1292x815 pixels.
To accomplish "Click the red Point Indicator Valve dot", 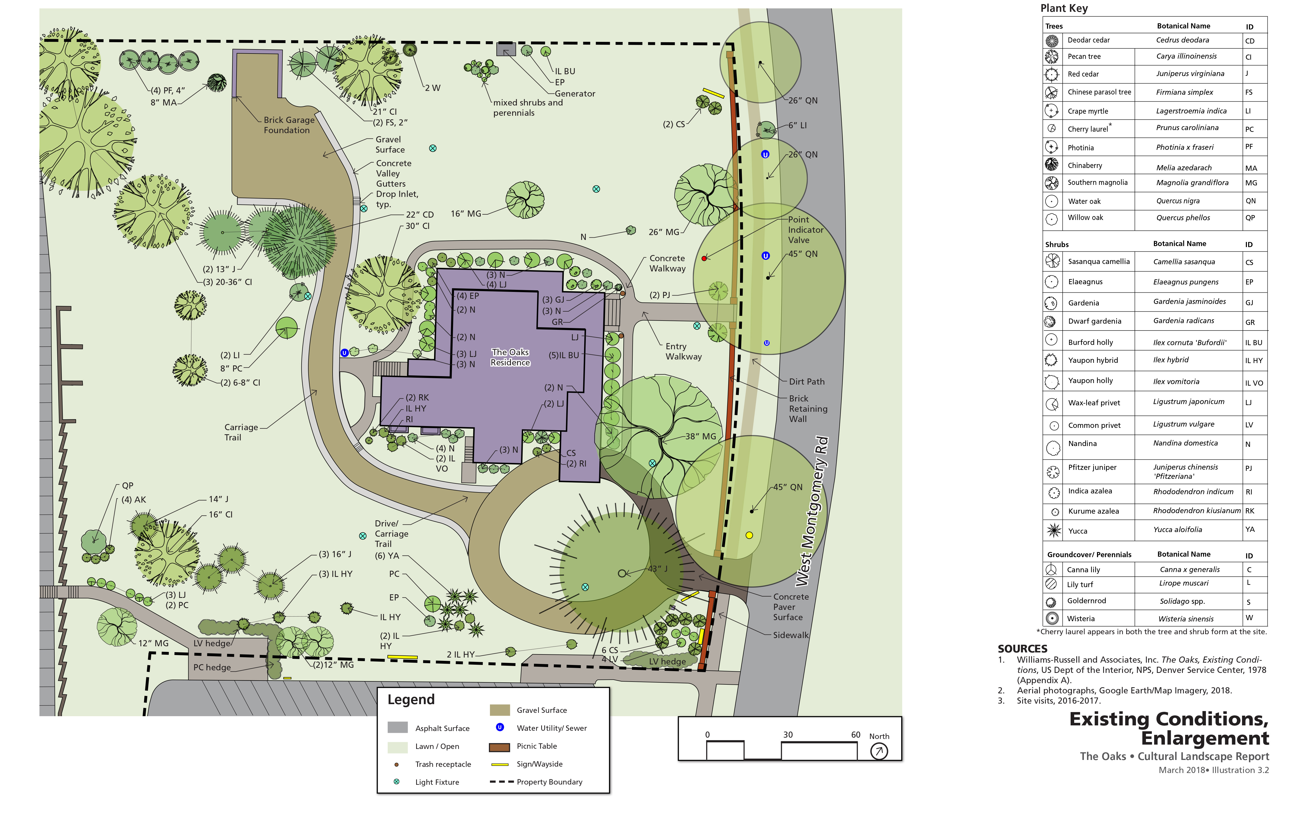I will pyautogui.click(x=704, y=258).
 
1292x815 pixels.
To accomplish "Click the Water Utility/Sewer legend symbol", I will pyautogui.click(x=499, y=728).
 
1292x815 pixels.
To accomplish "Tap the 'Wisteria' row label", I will pyautogui.click(x=1080, y=619).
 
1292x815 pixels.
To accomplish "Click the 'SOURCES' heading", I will pyautogui.click(x=1022, y=649).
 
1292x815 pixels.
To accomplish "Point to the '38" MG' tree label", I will pyautogui.click(x=700, y=437).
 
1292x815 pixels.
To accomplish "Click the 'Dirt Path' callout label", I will pyautogui.click(x=806, y=382).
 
